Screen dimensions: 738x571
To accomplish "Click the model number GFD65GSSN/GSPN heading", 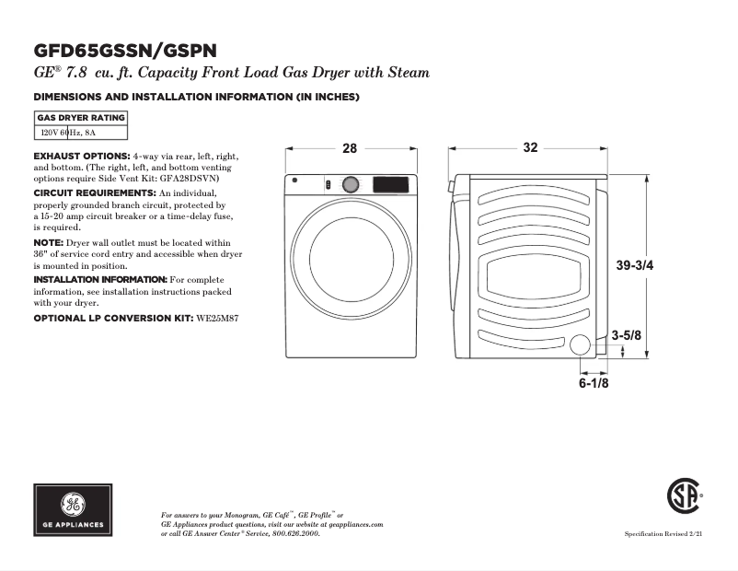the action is click(125, 50).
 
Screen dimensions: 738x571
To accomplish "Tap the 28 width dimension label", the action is click(350, 148).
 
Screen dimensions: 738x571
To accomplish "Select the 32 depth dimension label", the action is click(530, 148).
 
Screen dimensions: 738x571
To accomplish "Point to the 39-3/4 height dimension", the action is click(635, 265).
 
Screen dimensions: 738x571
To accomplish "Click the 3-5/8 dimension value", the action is click(627, 336).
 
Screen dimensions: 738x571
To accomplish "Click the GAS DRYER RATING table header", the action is click(81, 118).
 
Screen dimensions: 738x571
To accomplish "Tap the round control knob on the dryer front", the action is click(350, 185).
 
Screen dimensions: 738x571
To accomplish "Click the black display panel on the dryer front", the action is click(390, 184).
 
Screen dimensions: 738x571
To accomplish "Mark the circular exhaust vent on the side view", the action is click(581, 345).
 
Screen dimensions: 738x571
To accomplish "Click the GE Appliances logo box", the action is click(74, 509).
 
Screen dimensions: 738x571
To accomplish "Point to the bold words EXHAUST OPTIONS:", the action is click(82, 156).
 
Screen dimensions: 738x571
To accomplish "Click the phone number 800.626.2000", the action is click(298, 533).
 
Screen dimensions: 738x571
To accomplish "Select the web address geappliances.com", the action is click(352, 524).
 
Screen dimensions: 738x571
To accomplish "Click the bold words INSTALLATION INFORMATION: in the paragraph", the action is click(100, 278).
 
